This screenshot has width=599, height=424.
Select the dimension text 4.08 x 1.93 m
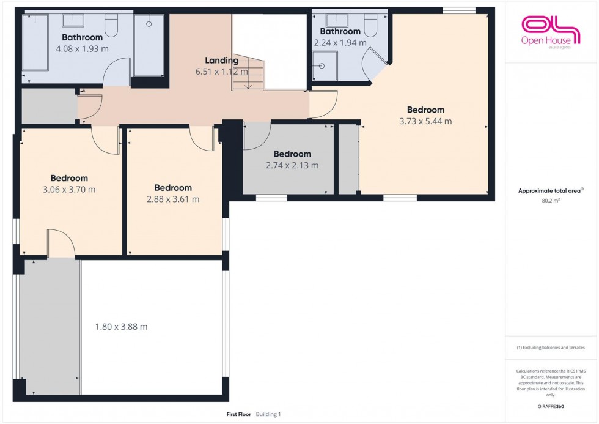82,49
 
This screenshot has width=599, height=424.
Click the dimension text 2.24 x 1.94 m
340,43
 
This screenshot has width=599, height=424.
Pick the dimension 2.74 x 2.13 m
292,165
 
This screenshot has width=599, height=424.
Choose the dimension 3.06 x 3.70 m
69,190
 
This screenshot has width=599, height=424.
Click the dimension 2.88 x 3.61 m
173,199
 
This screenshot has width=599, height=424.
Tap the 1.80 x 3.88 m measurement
121,327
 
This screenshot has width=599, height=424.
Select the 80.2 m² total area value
549,201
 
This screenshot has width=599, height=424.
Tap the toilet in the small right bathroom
371,24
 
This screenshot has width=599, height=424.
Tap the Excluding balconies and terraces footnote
551,347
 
